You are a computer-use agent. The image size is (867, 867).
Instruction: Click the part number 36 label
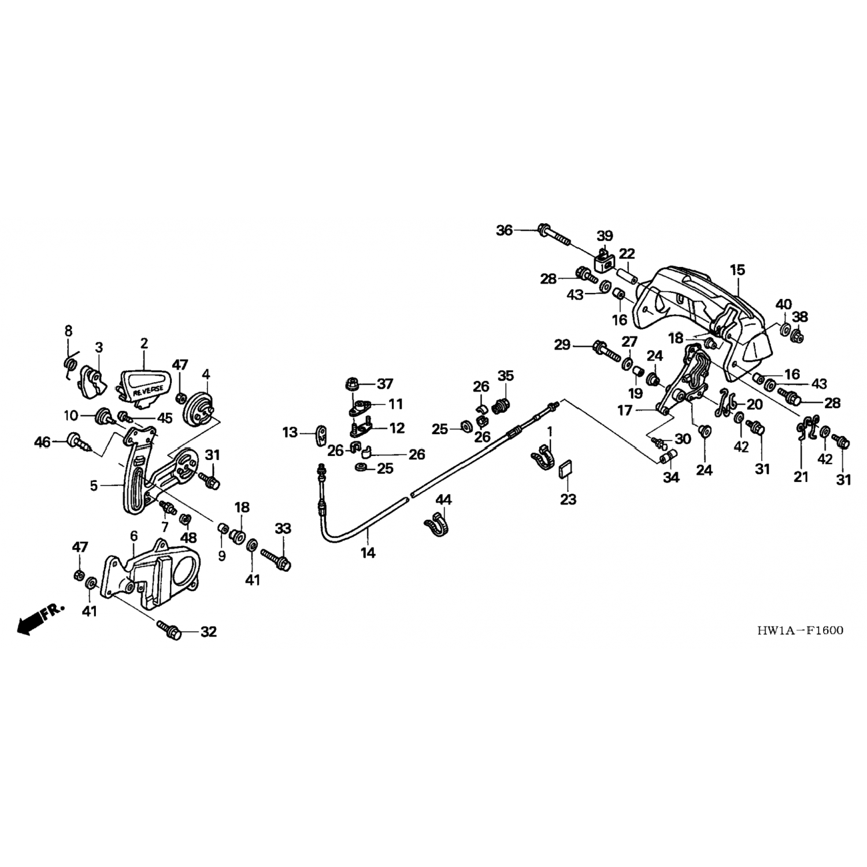click(504, 231)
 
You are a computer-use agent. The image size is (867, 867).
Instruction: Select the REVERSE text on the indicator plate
click(147, 391)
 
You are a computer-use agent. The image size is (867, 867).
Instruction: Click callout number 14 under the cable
click(368, 553)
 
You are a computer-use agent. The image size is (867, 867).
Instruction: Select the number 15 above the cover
click(737, 270)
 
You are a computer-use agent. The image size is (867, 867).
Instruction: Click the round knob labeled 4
click(199, 409)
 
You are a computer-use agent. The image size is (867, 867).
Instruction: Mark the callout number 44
click(443, 499)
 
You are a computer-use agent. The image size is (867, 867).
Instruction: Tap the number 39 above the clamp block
click(605, 236)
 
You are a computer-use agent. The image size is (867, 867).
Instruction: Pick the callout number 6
click(134, 536)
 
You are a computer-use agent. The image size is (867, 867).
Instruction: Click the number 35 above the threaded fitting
click(505, 376)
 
